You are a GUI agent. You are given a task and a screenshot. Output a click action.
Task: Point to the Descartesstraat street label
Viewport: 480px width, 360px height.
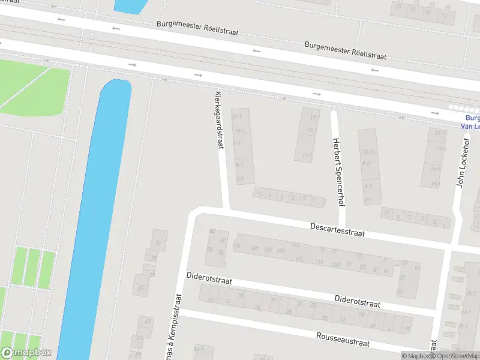point(337,229)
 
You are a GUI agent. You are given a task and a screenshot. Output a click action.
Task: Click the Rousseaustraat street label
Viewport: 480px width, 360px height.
point(343,338)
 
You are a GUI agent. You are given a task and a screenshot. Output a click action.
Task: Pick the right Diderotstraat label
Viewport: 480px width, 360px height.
point(357,301)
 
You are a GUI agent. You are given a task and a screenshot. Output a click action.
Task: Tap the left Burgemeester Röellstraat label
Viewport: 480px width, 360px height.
point(197,28)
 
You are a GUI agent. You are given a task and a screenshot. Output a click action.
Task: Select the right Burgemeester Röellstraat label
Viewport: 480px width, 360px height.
point(345,50)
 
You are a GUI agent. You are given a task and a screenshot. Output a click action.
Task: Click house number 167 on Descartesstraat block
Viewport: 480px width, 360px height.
point(296,245)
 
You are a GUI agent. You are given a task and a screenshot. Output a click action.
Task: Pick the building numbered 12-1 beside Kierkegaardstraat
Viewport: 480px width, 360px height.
point(237,116)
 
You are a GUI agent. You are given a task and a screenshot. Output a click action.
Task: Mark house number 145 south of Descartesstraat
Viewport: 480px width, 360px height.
point(298,259)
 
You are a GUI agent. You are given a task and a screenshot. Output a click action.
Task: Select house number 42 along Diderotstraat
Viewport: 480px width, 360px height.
point(227,301)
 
